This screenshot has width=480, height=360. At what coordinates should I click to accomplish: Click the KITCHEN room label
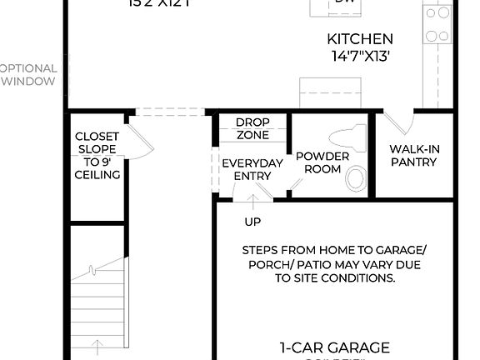[x=360, y=39]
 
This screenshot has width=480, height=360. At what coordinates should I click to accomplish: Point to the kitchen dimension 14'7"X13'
[x=360, y=56]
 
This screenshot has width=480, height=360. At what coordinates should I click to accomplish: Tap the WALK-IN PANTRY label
[x=413, y=156]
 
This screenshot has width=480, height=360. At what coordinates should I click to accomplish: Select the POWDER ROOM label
[x=317, y=162]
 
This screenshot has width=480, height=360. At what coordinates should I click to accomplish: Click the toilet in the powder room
[x=348, y=137]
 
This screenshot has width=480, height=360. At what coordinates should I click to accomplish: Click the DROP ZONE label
[x=252, y=128]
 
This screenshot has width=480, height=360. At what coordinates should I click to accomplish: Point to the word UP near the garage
[x=252, y=222]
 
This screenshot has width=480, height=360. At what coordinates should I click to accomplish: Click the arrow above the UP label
[x=252, y=202]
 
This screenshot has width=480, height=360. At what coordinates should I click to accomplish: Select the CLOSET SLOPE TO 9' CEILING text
[x=97, y=155]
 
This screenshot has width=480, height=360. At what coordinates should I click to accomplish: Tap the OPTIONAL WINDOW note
[x=28, y=74]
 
